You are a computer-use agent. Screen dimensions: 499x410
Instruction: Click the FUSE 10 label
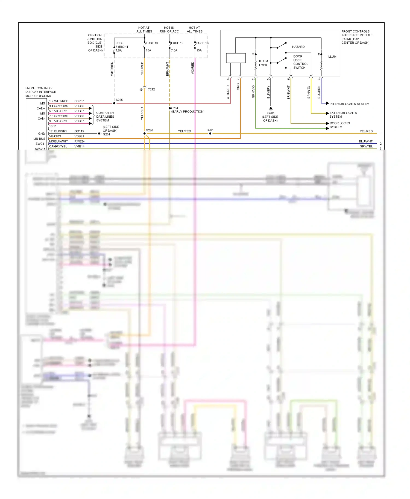point(152,43)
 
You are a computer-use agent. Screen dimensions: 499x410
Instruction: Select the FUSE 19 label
point(177,43)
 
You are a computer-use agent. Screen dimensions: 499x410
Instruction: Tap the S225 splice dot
point(114,103)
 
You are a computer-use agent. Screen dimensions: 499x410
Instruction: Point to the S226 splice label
point(150,130)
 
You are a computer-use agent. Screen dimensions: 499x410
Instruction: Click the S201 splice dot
point(210,133)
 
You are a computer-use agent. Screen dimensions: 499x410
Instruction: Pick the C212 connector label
point(151,89)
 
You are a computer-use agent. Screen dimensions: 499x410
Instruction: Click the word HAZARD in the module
point(298,47)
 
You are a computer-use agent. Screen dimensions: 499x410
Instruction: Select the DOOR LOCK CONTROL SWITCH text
point(300,62)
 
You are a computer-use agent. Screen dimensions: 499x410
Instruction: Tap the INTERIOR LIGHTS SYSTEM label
point(349,104)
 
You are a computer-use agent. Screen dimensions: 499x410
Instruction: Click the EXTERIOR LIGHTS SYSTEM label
point(343,115)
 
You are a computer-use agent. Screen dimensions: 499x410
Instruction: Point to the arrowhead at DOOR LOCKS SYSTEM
point(327,123)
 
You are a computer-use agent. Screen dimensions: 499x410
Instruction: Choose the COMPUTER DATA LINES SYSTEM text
point(105,117)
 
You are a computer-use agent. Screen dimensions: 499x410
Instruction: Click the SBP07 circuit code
point(79,101)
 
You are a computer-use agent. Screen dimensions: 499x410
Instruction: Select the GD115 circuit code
point(79,131)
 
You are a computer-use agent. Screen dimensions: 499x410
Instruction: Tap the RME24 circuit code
point(79,141)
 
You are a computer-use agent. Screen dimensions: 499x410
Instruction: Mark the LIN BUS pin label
point(39,139)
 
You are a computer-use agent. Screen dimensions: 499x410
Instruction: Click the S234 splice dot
point(170,108)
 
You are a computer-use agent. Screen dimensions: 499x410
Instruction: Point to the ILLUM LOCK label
point(263,63)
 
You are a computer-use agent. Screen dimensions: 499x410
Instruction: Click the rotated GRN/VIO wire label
point(253,92)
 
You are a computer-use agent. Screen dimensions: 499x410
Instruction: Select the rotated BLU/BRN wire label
point(319,92)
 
